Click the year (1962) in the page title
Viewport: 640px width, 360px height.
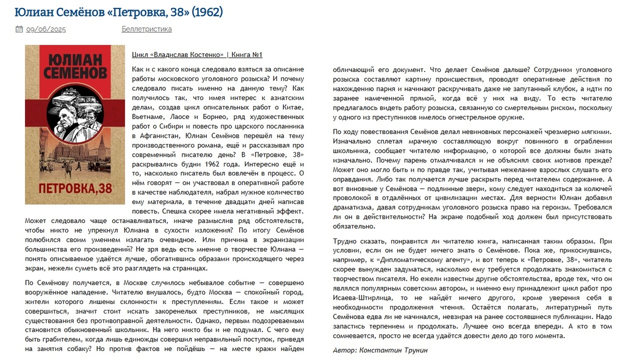[x=205, y=12]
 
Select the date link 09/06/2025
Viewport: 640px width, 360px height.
[x=46, y=29]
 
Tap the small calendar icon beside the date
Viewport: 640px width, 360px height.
[x=20, y=29]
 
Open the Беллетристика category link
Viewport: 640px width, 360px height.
[x=147, y=29]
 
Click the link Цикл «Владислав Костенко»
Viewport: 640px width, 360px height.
[x=178, y=55]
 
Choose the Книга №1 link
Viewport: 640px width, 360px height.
[x=247, y=55]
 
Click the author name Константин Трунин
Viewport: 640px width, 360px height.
[x=394, y=350]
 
